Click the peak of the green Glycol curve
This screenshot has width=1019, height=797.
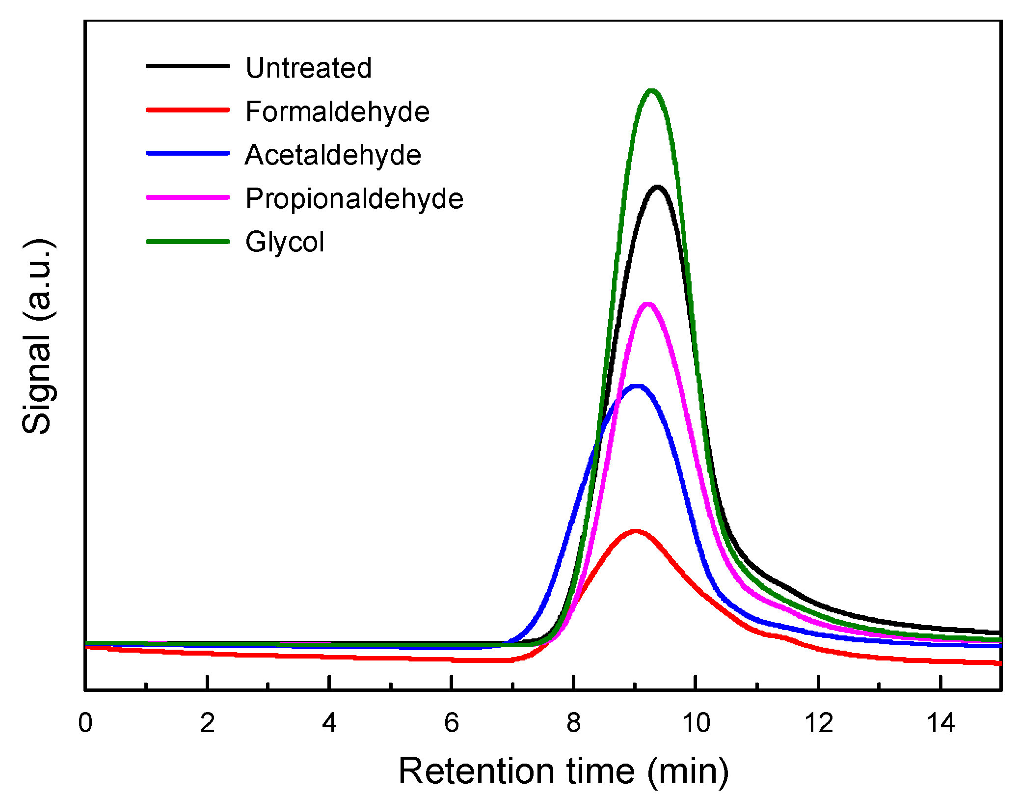pos(651,91)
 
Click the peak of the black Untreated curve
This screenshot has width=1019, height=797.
pos(657,187)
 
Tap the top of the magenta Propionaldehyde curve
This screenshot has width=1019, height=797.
pos(648,304)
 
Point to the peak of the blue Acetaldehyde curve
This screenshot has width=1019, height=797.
pos(637,386)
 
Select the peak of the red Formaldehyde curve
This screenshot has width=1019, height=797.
pos(636,531)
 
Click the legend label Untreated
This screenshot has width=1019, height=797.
pos(308,68)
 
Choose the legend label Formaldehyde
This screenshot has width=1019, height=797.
pos(337,111)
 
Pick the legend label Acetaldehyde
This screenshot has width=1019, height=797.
pos(333,155)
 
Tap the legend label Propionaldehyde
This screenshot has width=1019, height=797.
pos(354,199)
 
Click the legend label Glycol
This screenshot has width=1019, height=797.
pos(285,242)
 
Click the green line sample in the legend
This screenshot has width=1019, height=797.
pos(188,242)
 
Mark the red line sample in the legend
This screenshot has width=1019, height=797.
pos(188,110)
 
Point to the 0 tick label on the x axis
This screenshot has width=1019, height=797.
pos(85,723)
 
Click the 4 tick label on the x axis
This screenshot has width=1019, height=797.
pos(329,723)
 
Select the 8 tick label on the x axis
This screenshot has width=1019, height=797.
pos(573,723)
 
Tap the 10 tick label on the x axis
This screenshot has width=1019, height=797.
pos(696,723)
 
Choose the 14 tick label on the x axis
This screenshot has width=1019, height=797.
pos(940,723)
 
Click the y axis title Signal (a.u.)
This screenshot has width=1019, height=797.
pos(38,337)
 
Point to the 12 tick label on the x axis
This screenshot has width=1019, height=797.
pos(818,723)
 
